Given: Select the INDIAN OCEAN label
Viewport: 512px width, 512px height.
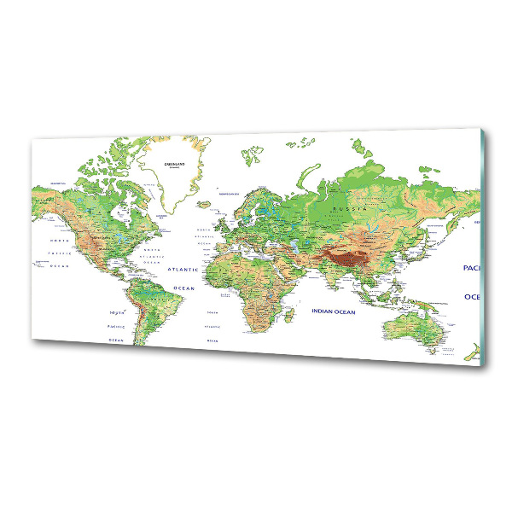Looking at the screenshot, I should click(333, 311).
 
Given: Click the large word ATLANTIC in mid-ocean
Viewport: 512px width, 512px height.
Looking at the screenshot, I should click(183, 269).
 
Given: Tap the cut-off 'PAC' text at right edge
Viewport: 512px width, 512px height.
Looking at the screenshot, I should click(470, 268).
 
